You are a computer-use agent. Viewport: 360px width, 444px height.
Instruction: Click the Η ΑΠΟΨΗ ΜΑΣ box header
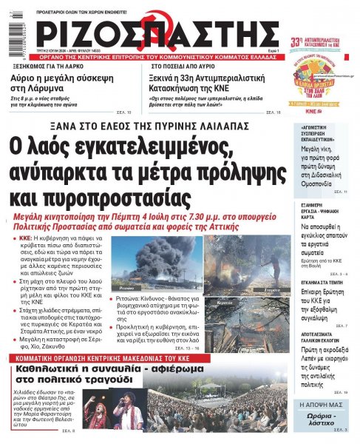320,406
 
